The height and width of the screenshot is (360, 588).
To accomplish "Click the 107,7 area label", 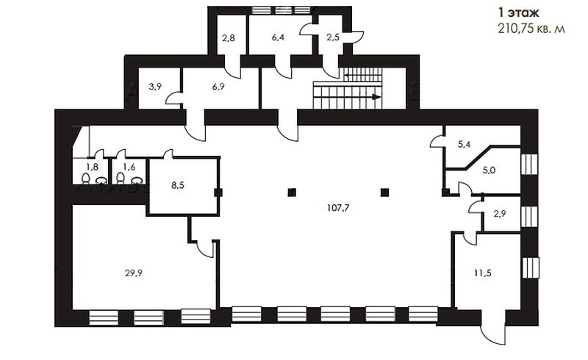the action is (x=338, y=208).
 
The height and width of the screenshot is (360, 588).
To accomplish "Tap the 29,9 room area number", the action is (x=134, y=273).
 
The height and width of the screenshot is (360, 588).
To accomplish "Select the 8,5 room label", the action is (x=178, y=185).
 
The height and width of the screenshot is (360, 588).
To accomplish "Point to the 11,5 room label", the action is (x=483, y=273).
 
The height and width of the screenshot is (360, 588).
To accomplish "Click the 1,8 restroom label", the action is (x=93, y=168).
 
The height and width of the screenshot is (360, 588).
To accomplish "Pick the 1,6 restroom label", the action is (x=129, y=168).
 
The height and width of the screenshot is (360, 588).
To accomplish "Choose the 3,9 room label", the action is (x=155, y=87).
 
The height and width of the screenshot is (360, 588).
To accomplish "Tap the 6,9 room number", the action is (x=218, y=87).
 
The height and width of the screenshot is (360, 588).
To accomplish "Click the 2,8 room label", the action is (x=229, y=37).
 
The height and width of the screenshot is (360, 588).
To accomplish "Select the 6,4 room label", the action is (x=278, y=37).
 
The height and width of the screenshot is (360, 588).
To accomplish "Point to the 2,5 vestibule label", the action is (x=333, y=37).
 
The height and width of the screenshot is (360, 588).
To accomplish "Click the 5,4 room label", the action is (x=465, y=145).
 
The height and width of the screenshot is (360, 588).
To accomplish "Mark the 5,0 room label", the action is (x=489, y=170).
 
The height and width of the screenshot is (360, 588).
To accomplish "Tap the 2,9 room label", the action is (x=500, y=214).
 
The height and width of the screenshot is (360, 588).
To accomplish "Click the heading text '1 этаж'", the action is (x=519, y=12).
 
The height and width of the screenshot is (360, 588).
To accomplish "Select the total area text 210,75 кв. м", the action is (x=531, y=29).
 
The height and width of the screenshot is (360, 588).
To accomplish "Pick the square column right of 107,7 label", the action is (x=384, y=192).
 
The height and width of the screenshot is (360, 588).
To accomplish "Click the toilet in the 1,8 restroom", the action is (x=86, y=179).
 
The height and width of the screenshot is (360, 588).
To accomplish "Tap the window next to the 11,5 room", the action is (x=530, y=267).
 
